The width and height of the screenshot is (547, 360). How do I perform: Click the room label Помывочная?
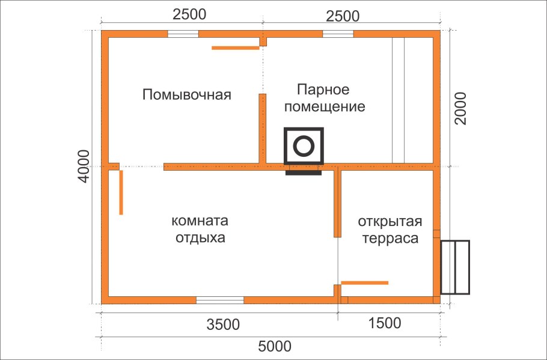[x=187, y=95]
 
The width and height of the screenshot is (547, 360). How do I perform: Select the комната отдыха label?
[x=200, y=228]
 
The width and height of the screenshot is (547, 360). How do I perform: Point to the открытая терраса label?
[x=388, y=229]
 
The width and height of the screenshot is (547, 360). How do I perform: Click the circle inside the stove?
[x=304, y=146]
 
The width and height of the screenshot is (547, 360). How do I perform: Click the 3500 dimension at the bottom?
[x=222, y=325]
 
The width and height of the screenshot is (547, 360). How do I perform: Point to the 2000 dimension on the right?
[x=460, y=108]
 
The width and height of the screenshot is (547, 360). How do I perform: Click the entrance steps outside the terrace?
[x=455, y=267]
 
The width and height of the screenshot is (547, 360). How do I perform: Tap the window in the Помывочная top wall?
[x=183, y=34]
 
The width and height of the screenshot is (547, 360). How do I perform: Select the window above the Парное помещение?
[x=338, y=34]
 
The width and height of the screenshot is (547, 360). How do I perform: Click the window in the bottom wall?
[x=220, y=299]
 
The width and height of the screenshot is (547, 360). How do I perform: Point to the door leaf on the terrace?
[x=364, y=282]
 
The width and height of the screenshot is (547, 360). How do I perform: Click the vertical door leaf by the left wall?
[x=121, y=192]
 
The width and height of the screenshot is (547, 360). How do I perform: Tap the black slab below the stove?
[x=304, y=173]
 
